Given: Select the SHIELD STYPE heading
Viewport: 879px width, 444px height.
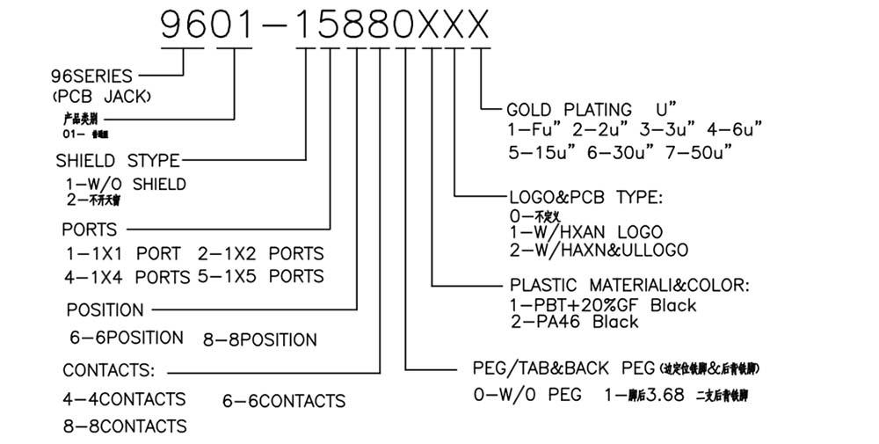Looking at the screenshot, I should (x=118, y=161).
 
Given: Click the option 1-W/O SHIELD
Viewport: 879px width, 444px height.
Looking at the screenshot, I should (x=125, y=185).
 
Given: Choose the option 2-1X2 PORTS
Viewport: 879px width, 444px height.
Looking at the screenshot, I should (x=260, y=253).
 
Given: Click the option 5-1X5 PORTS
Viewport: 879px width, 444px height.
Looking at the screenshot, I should (x=260, y=276).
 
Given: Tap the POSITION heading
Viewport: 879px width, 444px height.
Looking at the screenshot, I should (x=105, y=310).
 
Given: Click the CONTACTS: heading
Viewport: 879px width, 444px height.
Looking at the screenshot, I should (x=109, y=368).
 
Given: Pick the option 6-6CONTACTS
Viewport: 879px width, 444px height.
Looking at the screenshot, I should (x=283, y=401).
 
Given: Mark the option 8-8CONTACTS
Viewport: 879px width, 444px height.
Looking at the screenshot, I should (x=124, y=426).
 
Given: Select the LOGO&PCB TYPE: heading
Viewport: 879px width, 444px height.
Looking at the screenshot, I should (x=599, y=196).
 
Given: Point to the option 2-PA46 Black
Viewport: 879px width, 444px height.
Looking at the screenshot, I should (x=574, y=322).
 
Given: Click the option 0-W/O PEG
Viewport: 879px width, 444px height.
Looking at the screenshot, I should (x=527, y=395).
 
